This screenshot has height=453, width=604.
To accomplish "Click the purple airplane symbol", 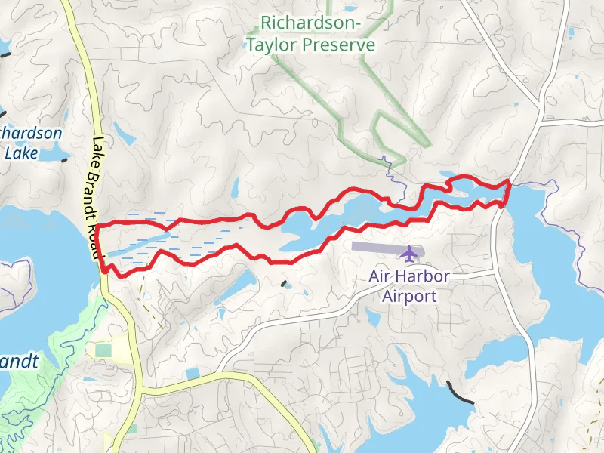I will coord(409,254).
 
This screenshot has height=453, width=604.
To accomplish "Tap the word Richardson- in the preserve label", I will coord(312,24).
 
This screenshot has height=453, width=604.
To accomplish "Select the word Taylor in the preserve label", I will coord(273,45).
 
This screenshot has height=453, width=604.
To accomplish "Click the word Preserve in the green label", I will coord(338,45).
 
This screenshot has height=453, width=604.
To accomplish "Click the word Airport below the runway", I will coord(408,295).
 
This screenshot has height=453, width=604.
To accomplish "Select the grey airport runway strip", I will coord(377,246).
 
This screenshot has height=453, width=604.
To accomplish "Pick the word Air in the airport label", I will coord(380,276).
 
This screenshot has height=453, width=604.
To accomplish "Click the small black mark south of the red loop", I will coord(284,284).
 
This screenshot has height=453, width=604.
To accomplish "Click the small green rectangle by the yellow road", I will coord(103,350).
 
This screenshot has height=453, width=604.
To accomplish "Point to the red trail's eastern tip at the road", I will coord(508,183).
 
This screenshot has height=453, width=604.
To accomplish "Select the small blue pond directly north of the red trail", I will coord(235,188).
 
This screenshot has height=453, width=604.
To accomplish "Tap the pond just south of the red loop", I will coord(239,284).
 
